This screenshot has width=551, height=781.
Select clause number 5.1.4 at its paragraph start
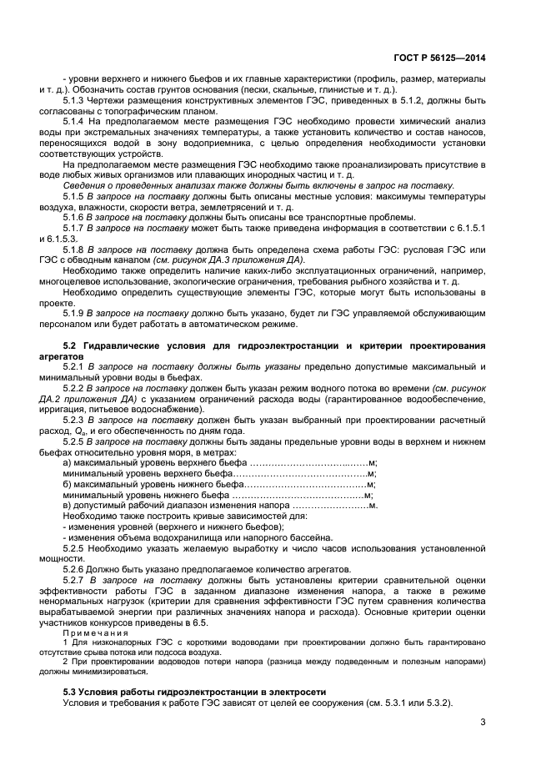[77, 122]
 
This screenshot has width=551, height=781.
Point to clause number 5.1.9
[77, 313]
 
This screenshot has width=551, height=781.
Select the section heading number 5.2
[71, 345]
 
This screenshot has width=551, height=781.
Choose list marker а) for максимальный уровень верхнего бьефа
[68, 461]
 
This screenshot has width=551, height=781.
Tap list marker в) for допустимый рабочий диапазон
[68, 505]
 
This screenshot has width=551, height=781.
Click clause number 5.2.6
[77, 568]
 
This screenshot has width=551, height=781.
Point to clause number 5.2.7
[77, 578]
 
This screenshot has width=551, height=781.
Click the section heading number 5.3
[71, 693]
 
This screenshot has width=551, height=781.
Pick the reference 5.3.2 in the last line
[436, 703]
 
